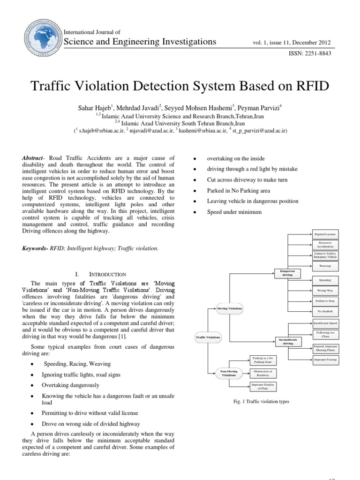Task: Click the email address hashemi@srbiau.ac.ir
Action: tap(202, 130)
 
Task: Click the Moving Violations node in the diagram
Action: tap(230, 308)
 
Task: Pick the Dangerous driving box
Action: tap(287, 273)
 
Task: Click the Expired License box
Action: tap(324, 234)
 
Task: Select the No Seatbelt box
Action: tap(324, 311)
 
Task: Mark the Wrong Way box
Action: tap(324, 291)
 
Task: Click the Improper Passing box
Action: tap(324, 360)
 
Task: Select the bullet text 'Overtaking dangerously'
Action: tap(71, 385)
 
